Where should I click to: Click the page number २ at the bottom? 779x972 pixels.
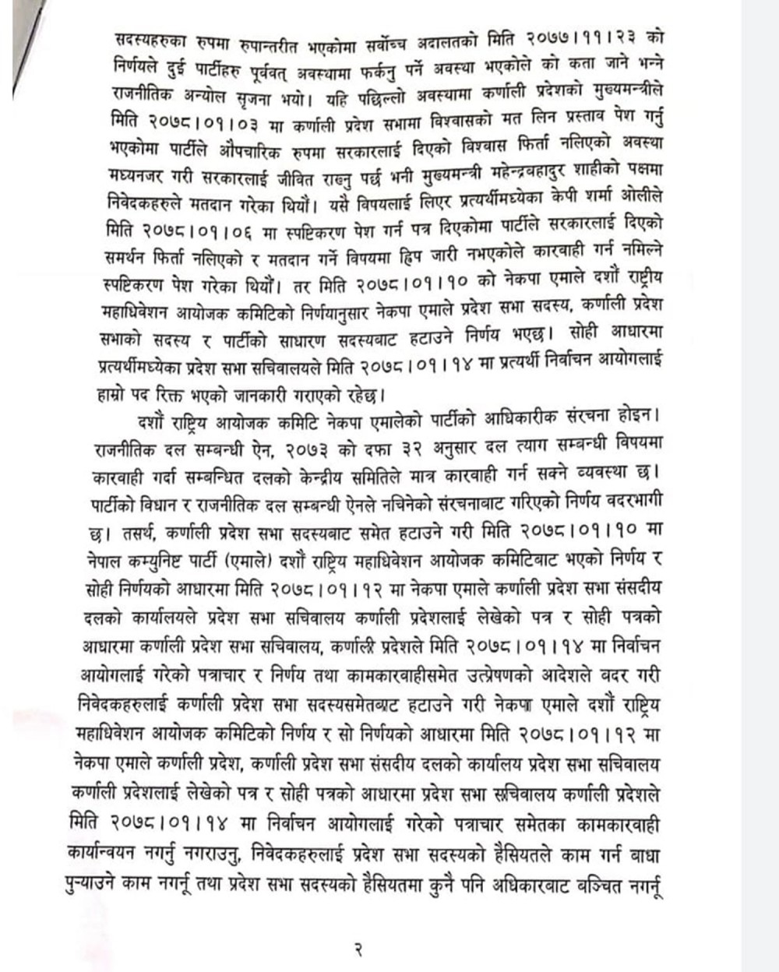click(358, 949)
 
